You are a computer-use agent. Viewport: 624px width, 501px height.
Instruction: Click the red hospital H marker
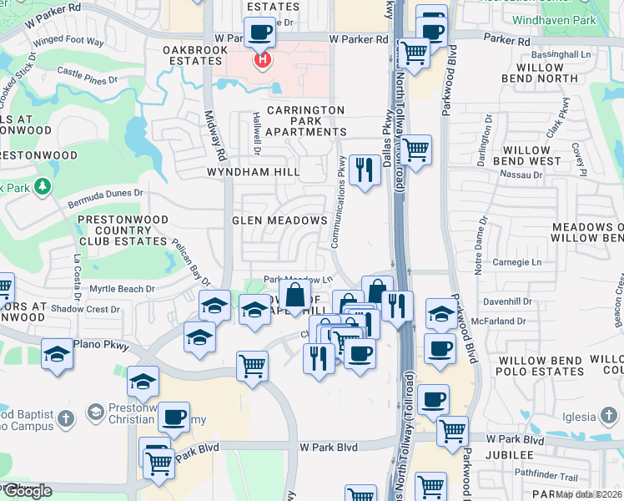pyautogui.click(x=263, y=60)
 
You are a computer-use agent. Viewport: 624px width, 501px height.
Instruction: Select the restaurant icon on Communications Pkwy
pyautogui.click(x=365, y=170)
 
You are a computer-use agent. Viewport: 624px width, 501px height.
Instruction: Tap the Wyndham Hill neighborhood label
pyautogui.click(x=255, y=172)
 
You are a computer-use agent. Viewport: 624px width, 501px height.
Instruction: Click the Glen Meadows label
pyautogui.click(x=279, y=220)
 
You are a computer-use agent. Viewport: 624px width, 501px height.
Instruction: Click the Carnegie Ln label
pyautogui.click(x=518, y=262)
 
